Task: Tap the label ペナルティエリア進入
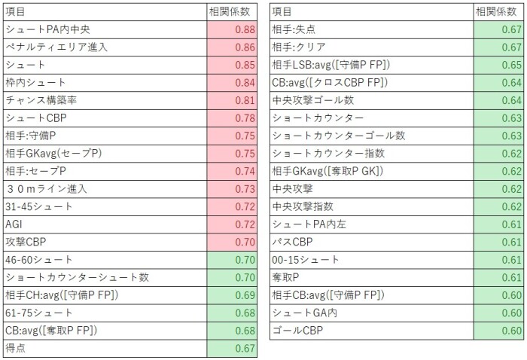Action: [56, 47]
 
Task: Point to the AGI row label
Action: [14, 224]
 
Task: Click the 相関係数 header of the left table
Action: [227, 11]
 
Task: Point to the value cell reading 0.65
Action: [499, 65]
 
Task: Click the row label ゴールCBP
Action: [298, 331]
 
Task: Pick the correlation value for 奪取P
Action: [499, 277]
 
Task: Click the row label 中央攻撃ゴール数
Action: [312, 100]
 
